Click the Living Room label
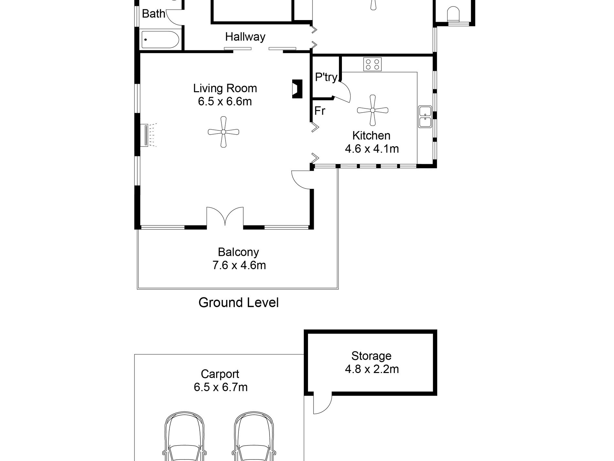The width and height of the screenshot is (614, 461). [x=225, y=88]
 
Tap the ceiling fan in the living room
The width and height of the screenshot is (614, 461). [x=223, y=132]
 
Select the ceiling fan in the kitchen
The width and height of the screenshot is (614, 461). [x=373, y=110]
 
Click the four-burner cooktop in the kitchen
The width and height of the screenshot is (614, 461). [x=372, y=64]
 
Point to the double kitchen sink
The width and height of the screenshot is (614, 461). [x=425, y=117]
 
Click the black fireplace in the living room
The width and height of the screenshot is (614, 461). [x=297, y=89]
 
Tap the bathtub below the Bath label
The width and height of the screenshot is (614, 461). [x=160, y=39]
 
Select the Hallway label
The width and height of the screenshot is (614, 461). [x=245, y=37]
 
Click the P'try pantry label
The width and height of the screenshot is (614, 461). [x=326, y=77]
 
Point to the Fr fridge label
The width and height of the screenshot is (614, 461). [x=320, y=111]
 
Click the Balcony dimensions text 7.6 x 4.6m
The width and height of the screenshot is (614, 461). [x=239, y=265]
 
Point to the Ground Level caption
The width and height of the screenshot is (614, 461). [x=238, y=302]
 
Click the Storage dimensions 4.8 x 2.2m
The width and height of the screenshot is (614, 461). [x=372, y=369]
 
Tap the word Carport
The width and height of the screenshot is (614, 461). [x=220, y=374]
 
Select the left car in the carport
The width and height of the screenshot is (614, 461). [x=185, y=436]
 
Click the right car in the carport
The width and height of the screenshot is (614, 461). [x=254, y=436]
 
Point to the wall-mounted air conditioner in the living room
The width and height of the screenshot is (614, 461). [x=147, y=135]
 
